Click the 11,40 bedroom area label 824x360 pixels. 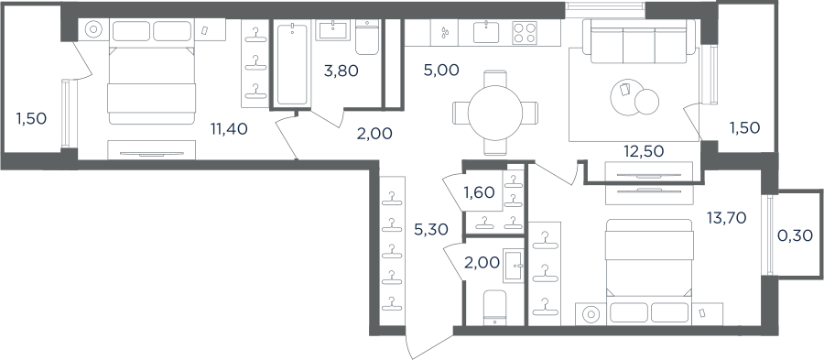[x=229, y=128]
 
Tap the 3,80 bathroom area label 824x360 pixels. [x=342, y=71]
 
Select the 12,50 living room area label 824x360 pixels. [x=644, y=151]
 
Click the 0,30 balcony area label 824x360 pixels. [x=795, y=236]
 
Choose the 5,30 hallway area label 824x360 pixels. [x=431, y=229]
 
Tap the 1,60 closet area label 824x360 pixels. [x=479, y=193]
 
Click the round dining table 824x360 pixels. [x=495, y=113]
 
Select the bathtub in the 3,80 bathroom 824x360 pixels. [x=292, y=63]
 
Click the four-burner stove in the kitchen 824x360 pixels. [x=525, y=33]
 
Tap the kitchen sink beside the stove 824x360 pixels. [x=486, y=32]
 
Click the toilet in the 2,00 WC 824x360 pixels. [x=494, y=308]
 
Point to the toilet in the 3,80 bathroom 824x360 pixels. [x=367, y=38]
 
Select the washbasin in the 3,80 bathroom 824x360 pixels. [x=332, y=30]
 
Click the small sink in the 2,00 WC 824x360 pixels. [x=513, y=267]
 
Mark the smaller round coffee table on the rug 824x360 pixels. [x=646, y=102]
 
